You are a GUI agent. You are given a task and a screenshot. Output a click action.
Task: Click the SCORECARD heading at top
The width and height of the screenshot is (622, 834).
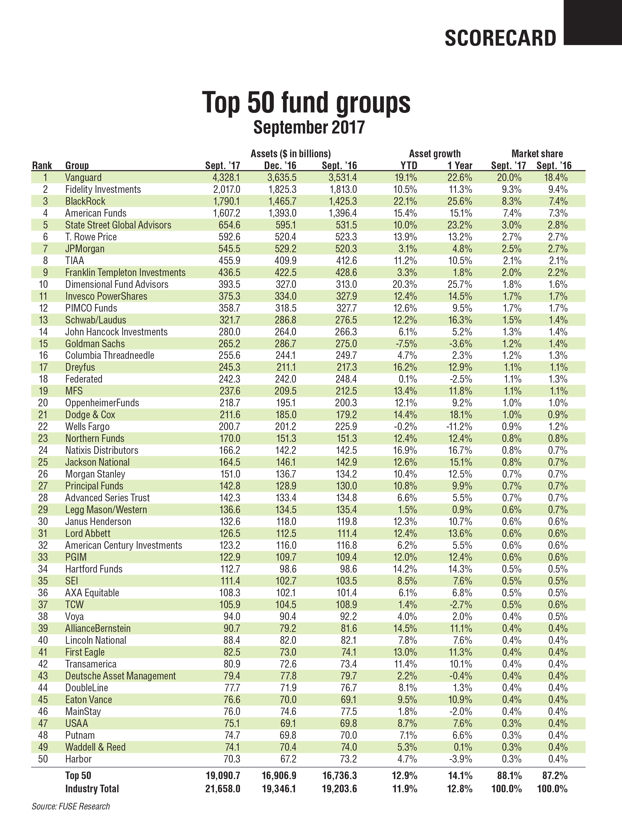(500, 38)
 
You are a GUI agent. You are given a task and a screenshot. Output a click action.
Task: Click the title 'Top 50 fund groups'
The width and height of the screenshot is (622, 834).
(306, 102)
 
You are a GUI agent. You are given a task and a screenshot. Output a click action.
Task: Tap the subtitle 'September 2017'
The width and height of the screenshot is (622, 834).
(309, 127)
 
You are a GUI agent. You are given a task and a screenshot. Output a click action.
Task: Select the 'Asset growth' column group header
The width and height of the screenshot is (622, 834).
(435, 154)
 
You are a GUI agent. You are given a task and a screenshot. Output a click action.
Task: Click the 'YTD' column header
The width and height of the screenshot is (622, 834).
(408, 165)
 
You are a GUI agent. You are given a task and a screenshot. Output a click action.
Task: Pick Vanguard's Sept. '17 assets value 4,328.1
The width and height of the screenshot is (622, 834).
(226, 178)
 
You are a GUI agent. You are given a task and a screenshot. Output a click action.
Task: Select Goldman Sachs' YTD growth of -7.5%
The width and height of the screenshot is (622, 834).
(406, 344)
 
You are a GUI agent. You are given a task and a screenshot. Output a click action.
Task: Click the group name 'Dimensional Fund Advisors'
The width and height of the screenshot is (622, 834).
(117, 284)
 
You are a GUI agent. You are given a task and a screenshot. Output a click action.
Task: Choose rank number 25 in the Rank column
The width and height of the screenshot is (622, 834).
(43, 462)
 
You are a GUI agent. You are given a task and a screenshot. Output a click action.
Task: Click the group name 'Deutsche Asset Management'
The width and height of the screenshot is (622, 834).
(120, 676)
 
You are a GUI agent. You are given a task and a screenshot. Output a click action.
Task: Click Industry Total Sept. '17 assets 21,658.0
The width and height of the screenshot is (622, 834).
(223, 789)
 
